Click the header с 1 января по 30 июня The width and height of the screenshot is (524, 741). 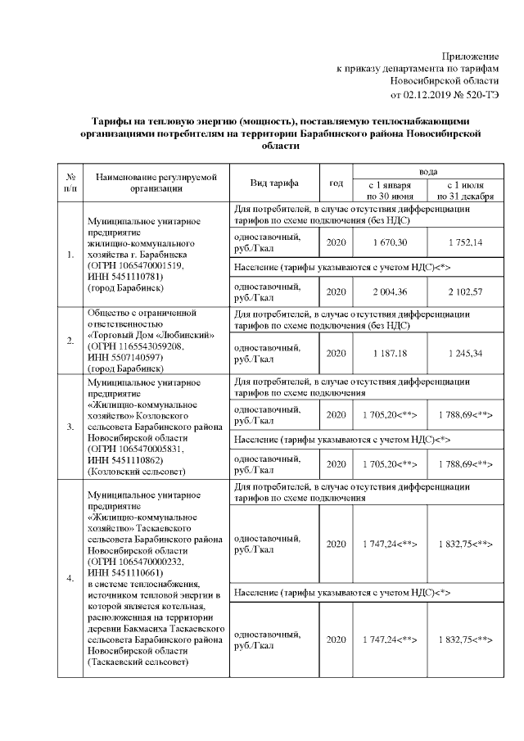pyautogui.click(x=390, y=191)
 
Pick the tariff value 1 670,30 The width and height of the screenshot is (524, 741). pyautogui.click(x=390, y=243)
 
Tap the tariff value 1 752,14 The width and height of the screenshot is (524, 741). pyautogui.click(x=465, y=243)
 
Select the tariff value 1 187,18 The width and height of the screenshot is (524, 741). pyautogui.click(x=390, y=351)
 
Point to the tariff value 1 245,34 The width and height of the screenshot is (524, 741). pyautogui.click(x=465, y=351)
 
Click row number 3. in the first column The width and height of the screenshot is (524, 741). pyautogui.click(x=70, y=427)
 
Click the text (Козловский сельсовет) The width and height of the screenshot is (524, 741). pyautogui.click(x=129, y=472)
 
